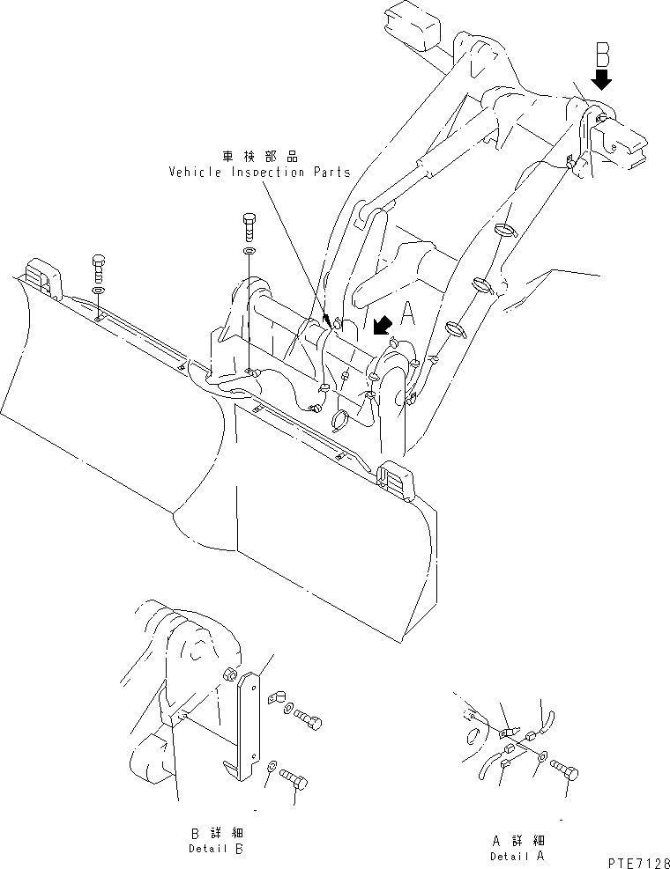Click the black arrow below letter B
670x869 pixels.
point(603,81)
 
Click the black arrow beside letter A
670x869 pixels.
point(382,327)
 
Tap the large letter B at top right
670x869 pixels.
point(603,54)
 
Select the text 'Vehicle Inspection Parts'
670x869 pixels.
point(259,173)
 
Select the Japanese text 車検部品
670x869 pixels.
point(259,156)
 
